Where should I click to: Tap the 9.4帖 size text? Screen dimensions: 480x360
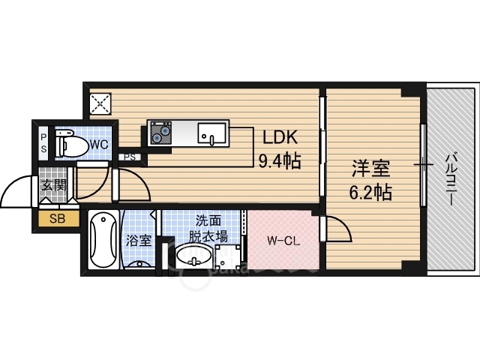coord(280,160)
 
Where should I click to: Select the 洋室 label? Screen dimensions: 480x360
coord(370,168)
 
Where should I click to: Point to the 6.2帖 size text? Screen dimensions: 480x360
coord(370,192)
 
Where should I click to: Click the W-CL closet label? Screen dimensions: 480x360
coord(283,241)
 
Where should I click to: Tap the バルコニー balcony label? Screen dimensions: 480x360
coord(451,179)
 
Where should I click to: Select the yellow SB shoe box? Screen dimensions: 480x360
coord(58,218)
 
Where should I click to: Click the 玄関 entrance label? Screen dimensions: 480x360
coord(54,185)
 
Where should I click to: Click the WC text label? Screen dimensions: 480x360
coord(99,145)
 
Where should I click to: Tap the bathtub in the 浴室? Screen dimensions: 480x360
coord(103,240)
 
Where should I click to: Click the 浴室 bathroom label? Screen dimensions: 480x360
coord(139,241)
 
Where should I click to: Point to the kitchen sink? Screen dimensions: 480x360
coord(211,133)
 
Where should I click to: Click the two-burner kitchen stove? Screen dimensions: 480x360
coord(160,133)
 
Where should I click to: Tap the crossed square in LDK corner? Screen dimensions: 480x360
coord(100,103)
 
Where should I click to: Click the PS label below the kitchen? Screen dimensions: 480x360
coord(130,157)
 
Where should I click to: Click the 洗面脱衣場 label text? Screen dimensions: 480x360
coord(208,228)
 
